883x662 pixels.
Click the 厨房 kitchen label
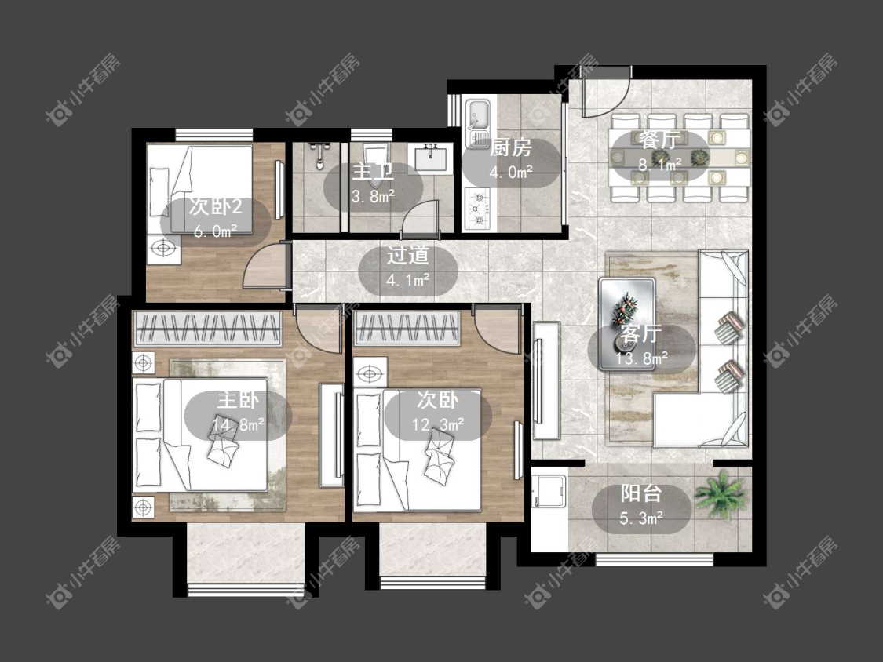(x=510, y=147)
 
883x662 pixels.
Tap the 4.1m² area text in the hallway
(x=408, y=279)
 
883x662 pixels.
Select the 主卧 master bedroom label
(x=238, y=400)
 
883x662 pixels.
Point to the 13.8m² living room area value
(x=641, y=358)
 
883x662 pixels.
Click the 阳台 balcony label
(x=640, y=493)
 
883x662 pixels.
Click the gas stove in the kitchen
(x=478, y=209)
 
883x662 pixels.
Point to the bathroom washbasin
(x=432, y=157)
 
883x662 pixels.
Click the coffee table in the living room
(x=627, y=323)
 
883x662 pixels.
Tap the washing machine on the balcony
(x=549, y=491)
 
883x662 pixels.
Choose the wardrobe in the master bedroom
(x=207, y=328)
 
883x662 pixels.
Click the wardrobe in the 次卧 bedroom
(x=407, y=328)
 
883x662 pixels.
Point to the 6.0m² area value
(x=215, y=231)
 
